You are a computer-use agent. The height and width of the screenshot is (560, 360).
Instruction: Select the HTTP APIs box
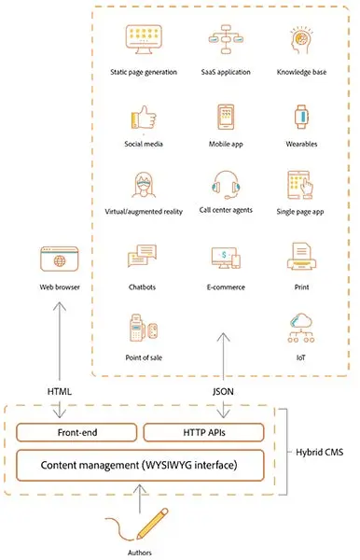point(202,432)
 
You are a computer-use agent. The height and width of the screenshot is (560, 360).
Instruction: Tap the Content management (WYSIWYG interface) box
point(139,464)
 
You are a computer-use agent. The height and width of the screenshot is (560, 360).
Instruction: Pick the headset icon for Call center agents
point(225,184)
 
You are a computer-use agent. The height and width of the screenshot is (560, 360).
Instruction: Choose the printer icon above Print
point(300,254)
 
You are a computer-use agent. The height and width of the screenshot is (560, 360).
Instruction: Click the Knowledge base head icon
point(300,43)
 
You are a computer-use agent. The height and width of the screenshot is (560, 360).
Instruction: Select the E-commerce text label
point(225,287)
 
